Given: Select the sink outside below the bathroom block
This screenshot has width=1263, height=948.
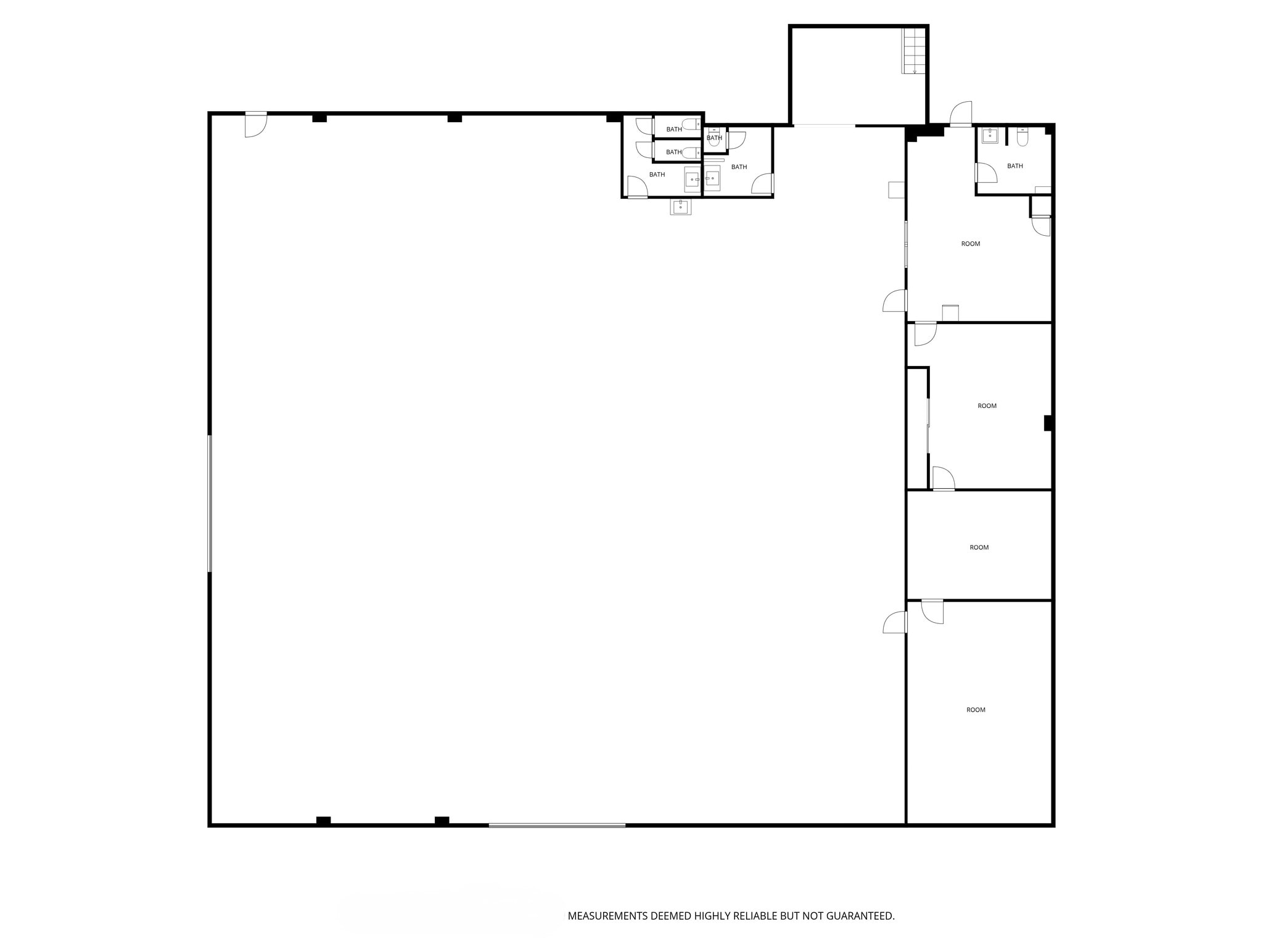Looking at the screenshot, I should click(680, 207).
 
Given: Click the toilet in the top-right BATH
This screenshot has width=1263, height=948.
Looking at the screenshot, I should click(1022, 137).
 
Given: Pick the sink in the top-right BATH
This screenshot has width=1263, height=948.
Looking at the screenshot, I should click(990, 135).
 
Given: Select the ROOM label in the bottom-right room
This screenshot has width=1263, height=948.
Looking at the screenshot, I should click(976, 710).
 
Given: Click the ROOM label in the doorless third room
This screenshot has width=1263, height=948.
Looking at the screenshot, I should click(979, 547).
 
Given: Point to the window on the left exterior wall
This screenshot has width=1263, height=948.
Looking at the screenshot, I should click(210, 503).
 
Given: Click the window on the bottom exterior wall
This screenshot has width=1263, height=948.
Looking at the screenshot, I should click(557, 825).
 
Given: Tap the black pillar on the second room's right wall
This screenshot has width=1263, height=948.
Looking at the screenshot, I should click(1047, 423).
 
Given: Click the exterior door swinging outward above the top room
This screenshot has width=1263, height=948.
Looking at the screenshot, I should click(960, 115).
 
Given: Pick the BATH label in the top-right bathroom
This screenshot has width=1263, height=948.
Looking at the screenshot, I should click(1014, 166).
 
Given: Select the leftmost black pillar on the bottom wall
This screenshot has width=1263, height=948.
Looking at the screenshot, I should click(323, 820).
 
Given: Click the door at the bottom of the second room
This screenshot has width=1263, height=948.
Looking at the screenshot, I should click(943, 479).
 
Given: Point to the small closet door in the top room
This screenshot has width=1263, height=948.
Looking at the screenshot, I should click(1041, 225).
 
